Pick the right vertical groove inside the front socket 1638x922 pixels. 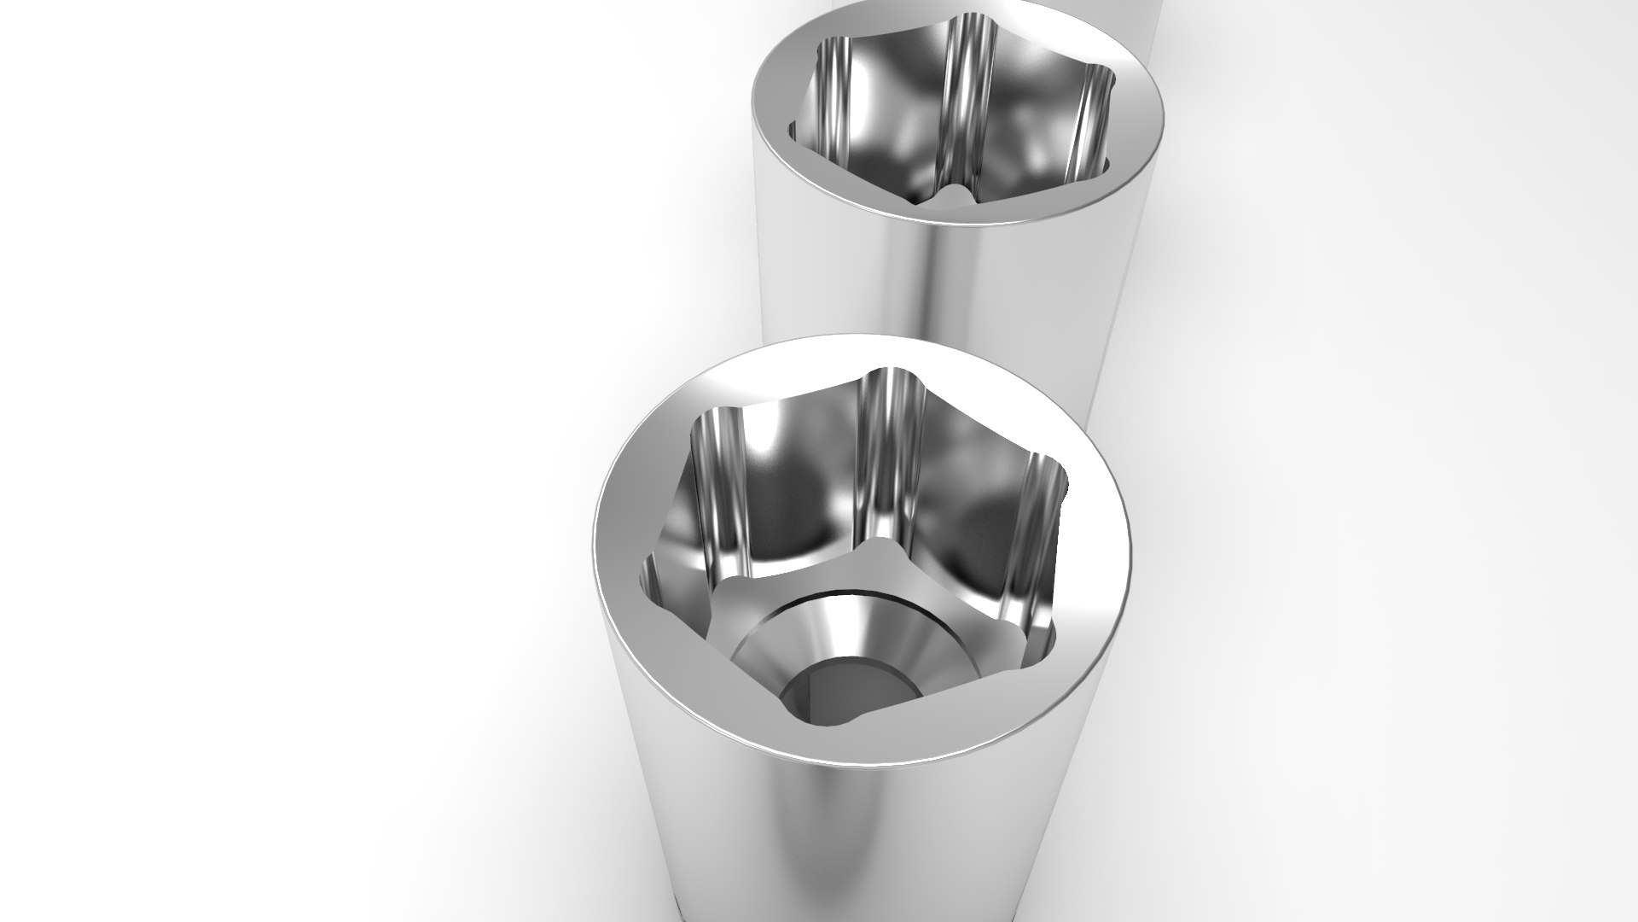[1037, 512]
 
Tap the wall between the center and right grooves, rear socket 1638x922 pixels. [1032, 128]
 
